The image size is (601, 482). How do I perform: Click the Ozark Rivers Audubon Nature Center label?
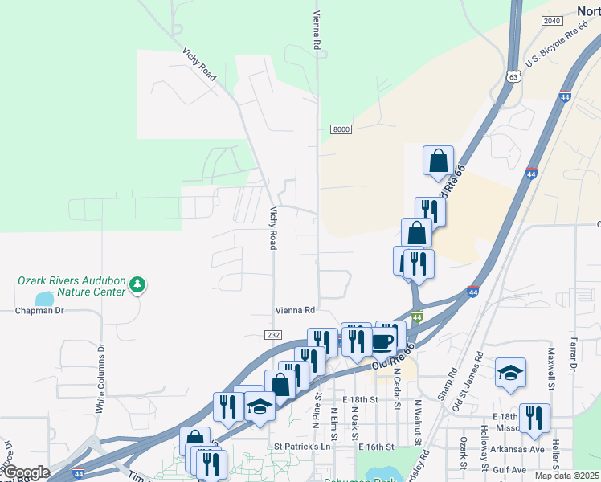tap(72, 286)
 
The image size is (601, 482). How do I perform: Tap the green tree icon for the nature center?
tap(138, 284)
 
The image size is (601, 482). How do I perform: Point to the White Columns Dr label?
tap(100, 379)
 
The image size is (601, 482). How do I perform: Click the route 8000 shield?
tap(341, 129)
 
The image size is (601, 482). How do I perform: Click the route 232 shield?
tap(274, 334)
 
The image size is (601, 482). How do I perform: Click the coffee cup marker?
tap(382, 341)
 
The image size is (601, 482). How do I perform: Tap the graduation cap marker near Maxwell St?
tap(510, 373)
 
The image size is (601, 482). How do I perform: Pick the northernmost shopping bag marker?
tap(438, 161)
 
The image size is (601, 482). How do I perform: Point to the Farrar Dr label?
tap(574, 354)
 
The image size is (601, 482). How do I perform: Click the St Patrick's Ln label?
tap(302, 446)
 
